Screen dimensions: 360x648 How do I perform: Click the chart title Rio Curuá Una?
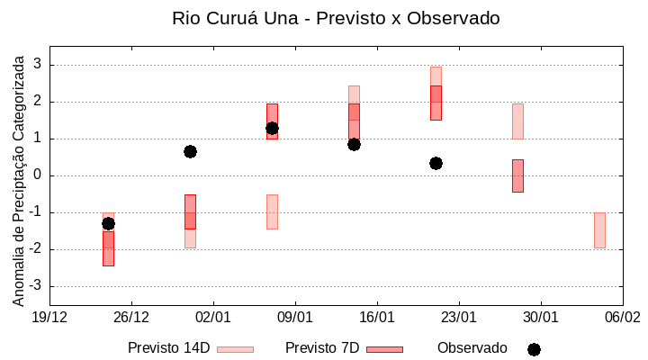(335, 18)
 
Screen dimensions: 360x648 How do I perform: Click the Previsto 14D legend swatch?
(235, 349)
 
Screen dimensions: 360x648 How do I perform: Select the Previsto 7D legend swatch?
(384, 349)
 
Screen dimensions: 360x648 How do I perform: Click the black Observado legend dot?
(534, 349)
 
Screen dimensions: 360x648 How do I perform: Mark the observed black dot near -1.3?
(108, 223)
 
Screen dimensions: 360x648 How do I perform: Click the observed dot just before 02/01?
(190, 151)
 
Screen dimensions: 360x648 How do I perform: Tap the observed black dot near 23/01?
(436, 163)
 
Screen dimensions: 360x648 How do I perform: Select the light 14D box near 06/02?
(599, 230)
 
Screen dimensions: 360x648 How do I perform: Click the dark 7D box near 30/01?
(517, 175)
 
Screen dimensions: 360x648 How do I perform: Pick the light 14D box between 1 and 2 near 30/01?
(517, 121)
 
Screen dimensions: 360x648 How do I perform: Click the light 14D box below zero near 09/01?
(272, 212)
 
